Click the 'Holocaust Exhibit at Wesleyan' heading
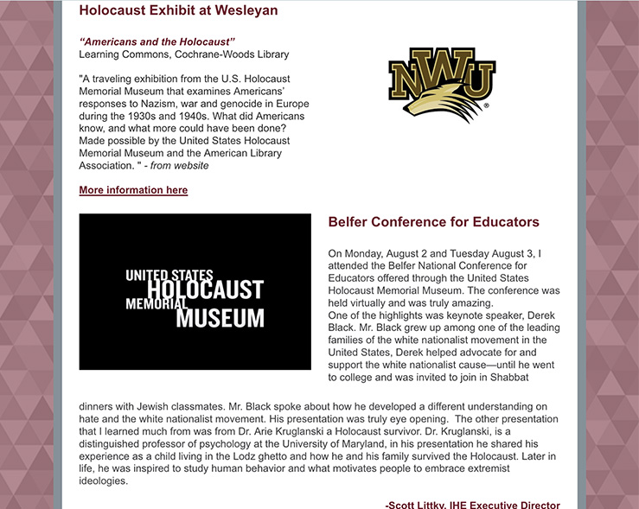point(178,11)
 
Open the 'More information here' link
point(133,190)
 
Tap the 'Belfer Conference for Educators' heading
point(433,222)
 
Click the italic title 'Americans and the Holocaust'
point(157,41)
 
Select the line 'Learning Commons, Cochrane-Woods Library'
point(184,54)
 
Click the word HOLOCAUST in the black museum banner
point(205,289)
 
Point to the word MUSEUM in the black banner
point(220,318)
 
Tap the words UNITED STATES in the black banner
point(169,276)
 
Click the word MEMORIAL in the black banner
point(156,304)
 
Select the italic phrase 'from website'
point(180,166)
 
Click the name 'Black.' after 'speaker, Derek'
point(343,328)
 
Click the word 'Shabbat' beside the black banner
point(535,377)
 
